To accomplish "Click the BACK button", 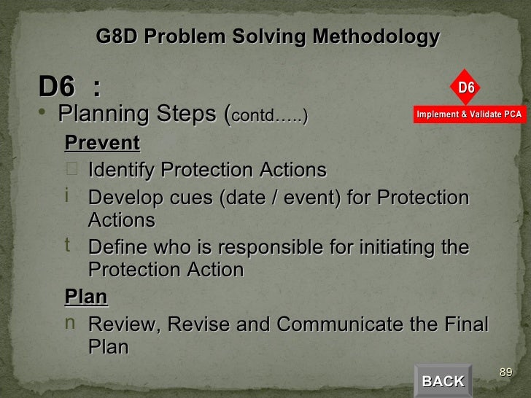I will point(443,381).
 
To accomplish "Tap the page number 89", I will point(505,373).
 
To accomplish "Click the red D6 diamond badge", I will point(466,88).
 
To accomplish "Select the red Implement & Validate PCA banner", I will point(469,114).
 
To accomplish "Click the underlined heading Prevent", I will point(102,141).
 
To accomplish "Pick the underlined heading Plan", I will point(86,297).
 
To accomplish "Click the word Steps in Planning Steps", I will point(190,114).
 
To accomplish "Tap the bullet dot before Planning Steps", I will point(45,113).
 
